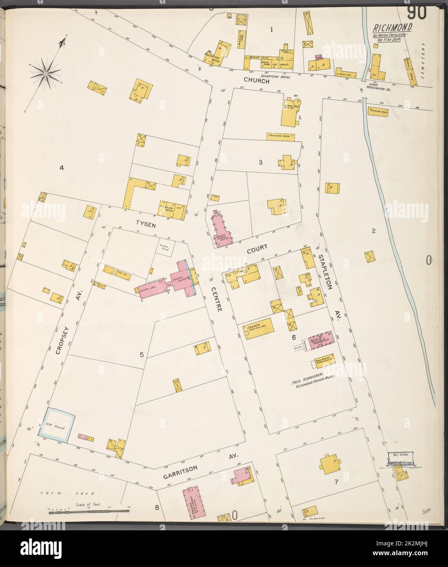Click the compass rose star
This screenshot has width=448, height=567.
click(46, 73)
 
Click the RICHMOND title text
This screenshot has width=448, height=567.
click(391, 28)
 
